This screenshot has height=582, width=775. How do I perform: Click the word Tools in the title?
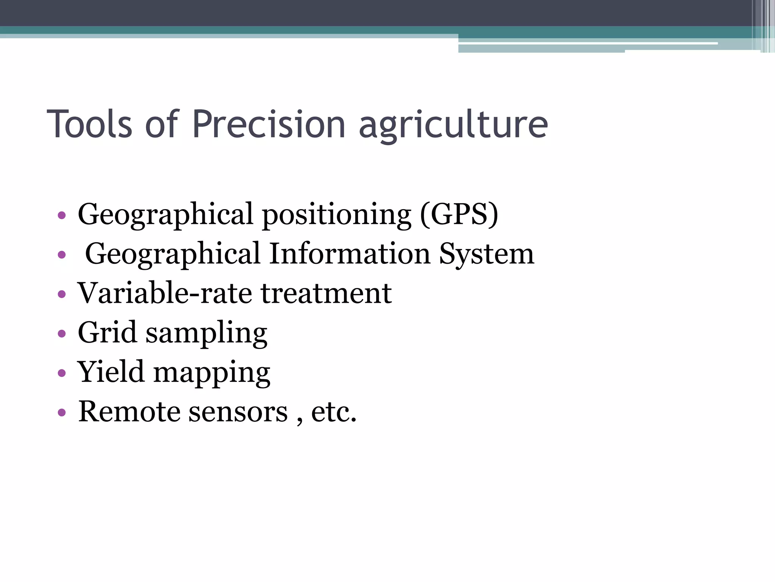(x=89, y=124)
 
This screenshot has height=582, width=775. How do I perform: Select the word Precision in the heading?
(x=269, y=124)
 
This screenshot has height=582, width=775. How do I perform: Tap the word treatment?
(x=326, y=294)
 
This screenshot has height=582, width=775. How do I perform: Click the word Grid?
(x=107, y=332)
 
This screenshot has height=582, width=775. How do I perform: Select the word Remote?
(x=129, y=411)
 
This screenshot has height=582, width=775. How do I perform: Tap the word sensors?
(x=238, y=412)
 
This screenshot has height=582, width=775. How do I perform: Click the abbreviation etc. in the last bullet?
(x=334, y=412)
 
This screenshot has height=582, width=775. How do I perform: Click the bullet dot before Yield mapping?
(x=62, y=373)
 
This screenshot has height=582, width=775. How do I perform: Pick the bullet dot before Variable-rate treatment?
(x=62, y=294)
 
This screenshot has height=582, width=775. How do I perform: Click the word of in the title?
(x=162, y=124)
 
